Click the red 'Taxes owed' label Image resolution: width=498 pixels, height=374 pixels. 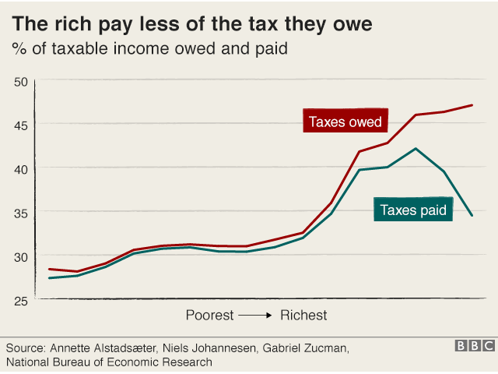point(345,122)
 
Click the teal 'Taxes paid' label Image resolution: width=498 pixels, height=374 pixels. point(412,209)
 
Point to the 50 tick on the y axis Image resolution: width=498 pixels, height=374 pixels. point(21,81)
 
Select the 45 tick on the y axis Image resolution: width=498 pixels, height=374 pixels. point(21,125)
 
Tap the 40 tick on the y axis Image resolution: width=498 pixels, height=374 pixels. point(21,168)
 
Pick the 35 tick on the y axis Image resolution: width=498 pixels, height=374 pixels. point(21,213)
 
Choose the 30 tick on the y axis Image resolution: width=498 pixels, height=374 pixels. point(21,256)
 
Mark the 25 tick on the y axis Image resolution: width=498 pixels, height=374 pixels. point(21,300)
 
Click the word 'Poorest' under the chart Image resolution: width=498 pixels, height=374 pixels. point(209,316)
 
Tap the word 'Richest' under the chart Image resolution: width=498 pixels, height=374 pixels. point(303,316)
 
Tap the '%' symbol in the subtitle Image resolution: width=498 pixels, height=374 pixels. point(18,50)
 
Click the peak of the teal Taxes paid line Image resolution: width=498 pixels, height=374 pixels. point(416,149)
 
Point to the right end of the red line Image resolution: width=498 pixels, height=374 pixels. point(472,105)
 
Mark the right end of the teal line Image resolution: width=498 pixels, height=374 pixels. point(472,215)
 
